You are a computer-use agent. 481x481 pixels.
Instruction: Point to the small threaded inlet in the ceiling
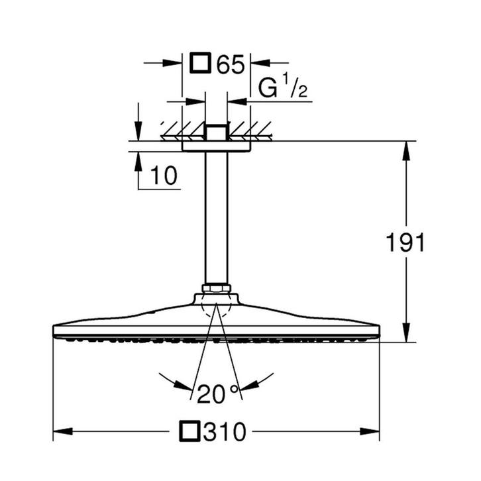216,133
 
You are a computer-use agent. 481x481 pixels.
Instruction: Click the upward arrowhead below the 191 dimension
405,335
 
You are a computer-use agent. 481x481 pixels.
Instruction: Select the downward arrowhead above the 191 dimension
405,149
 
